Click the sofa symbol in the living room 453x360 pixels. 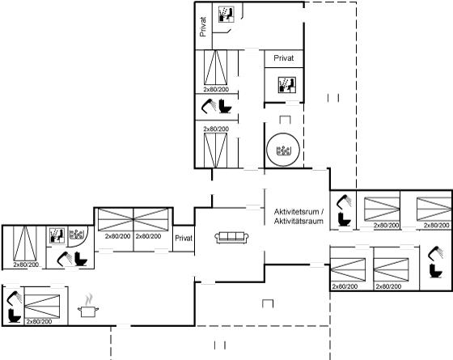point(231,237)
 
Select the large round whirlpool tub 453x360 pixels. point(283,150)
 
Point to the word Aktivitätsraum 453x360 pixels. point(298,222)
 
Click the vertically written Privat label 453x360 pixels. point(203,27)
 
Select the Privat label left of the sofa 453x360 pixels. point(184,239)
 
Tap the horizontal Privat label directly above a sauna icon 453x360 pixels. point(284,58)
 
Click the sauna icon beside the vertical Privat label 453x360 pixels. point(226,15)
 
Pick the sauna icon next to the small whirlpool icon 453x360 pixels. point(57,235)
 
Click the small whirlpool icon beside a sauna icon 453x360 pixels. point(77,235)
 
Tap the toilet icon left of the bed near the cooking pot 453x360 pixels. point(14,316)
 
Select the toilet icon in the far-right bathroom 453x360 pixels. point(436,271)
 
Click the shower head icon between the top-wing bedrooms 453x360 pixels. point(209,105)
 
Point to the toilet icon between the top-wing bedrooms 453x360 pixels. point(226,106)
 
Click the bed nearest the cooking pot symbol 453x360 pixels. point(42,306)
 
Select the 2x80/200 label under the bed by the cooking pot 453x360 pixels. point(39,322)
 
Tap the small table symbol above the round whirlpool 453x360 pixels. point(285,120)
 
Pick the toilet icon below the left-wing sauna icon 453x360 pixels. point(81,259)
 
